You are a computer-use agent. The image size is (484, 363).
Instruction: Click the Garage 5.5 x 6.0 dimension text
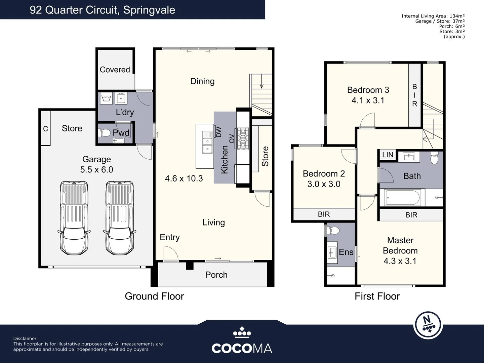[96, 169]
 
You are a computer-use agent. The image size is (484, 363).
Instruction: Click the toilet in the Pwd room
[105, 133]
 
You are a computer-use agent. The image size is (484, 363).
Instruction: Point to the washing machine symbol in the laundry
[106, 99]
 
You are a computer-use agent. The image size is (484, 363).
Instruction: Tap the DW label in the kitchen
[219, 131]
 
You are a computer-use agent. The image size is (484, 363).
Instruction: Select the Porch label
[216, 275]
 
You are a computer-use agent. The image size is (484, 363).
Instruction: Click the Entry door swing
[170, 253]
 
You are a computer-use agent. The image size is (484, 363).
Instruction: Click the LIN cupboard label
[388, 155]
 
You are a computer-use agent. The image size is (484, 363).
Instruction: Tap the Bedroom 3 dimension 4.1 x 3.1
[368, 100]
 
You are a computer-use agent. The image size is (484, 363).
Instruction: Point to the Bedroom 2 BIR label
[324, 214]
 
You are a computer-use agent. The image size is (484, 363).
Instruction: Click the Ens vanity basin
[332, 252]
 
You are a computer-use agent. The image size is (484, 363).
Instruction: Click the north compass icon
[428, 325]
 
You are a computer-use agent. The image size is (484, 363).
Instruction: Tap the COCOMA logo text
[242, 348]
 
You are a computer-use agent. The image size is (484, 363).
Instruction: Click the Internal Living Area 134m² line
[433, 16]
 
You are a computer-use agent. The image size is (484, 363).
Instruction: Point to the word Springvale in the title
[149, 10]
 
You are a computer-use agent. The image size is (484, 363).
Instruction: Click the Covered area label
[115, 70]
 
